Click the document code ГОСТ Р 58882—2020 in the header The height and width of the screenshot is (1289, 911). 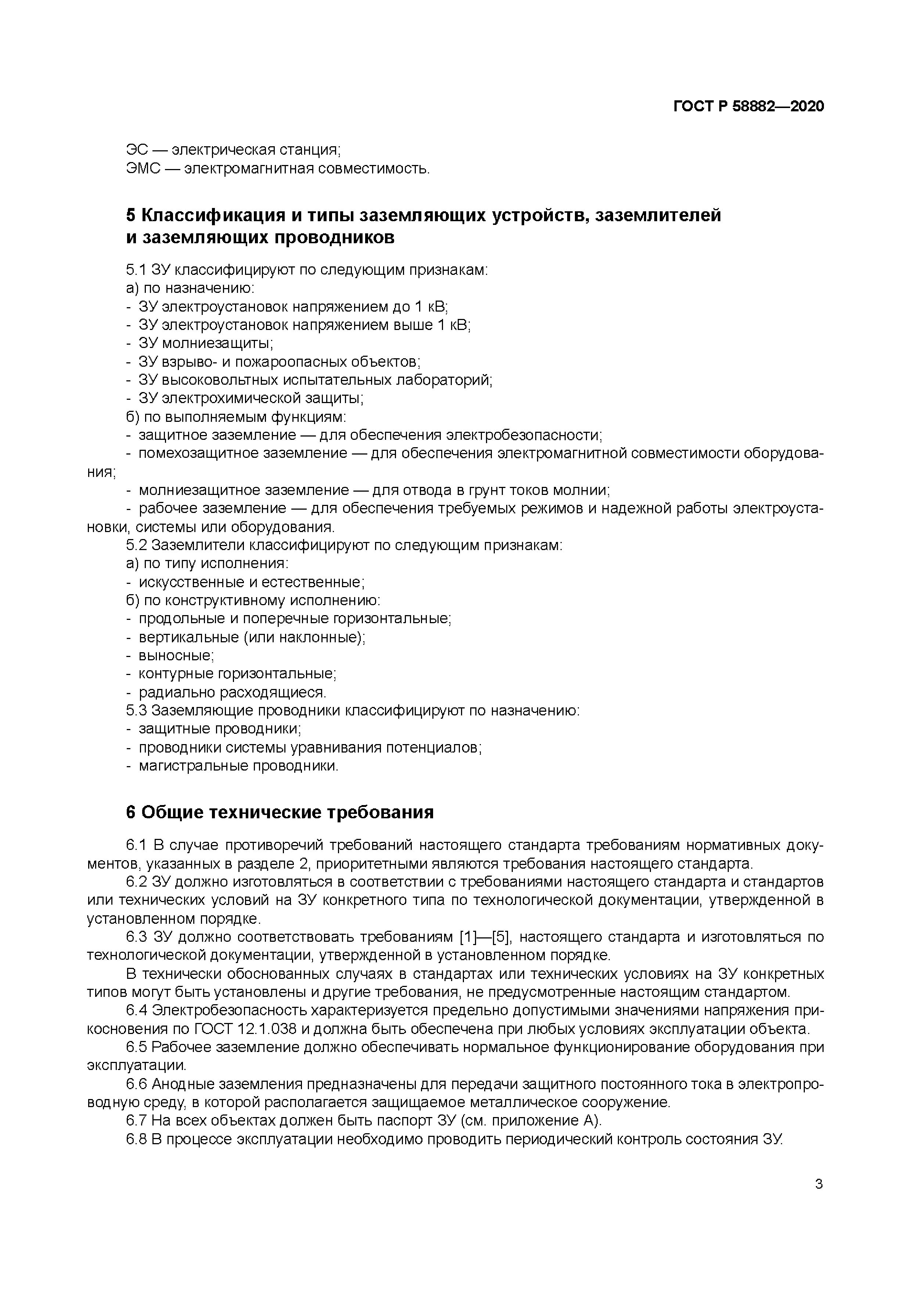pyautogui.click(x=748, y=106)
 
